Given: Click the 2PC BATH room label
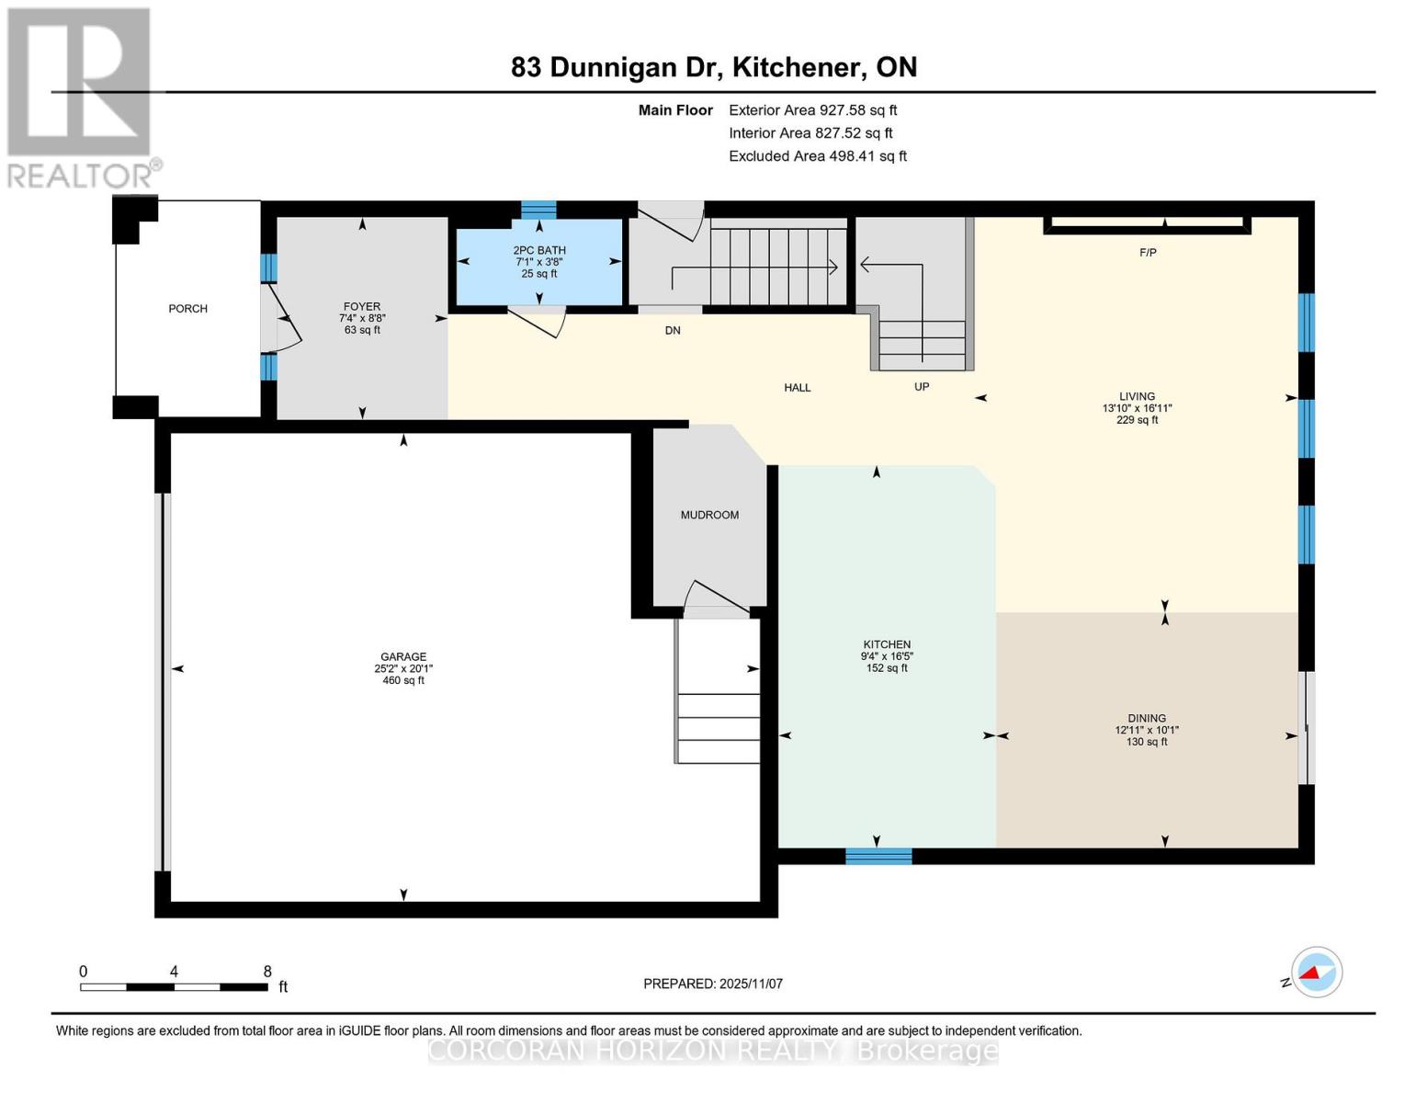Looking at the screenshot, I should pos(539,251).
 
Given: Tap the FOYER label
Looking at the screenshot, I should pos(362,307).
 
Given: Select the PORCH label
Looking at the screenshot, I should pos(187,309).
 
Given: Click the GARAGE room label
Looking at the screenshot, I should pos(403,657).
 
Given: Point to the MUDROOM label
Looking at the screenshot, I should pos(709,516).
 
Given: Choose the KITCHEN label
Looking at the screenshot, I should pos(887,645).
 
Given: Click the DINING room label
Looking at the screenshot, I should pos(1147,719).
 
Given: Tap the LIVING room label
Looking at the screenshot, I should pos(1137,397).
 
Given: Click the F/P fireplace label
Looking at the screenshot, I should pos(1148,253).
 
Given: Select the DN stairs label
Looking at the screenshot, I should pos(673,331).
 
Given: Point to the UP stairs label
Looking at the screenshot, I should pos(922,387).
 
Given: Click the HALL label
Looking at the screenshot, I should pos(797,388).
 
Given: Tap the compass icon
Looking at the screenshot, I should pos(1316,972).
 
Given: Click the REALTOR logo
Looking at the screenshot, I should pos(80,97).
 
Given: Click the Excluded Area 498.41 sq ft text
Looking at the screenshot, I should pos(817,156).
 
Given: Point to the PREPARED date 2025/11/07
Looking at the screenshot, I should pos(713,984).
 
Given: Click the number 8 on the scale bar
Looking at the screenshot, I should pos(267,972).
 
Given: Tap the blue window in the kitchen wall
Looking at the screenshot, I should pos(878,857).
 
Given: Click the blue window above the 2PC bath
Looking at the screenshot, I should pos(538,210).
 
